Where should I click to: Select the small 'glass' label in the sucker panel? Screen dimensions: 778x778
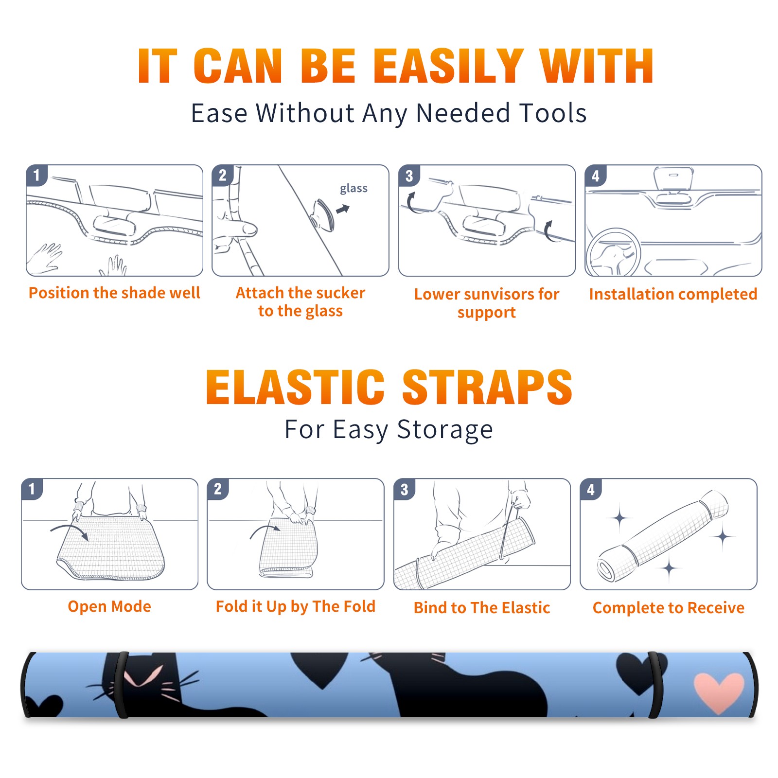coord(354,189)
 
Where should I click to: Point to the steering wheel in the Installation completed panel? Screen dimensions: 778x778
coord(613,252)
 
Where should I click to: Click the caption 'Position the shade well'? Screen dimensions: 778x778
coord(114,293)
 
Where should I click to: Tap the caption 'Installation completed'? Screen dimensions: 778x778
coord(673,294)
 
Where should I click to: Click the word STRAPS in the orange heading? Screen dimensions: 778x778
coord(487,387)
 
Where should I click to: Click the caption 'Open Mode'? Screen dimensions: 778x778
coord(109,606)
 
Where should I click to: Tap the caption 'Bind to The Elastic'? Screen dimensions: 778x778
coord(482,608)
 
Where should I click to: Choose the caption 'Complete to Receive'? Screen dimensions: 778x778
coord(669,608)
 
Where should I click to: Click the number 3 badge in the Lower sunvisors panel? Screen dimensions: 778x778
coord(409,176)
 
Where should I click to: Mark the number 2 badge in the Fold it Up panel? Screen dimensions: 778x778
coord(217,489)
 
